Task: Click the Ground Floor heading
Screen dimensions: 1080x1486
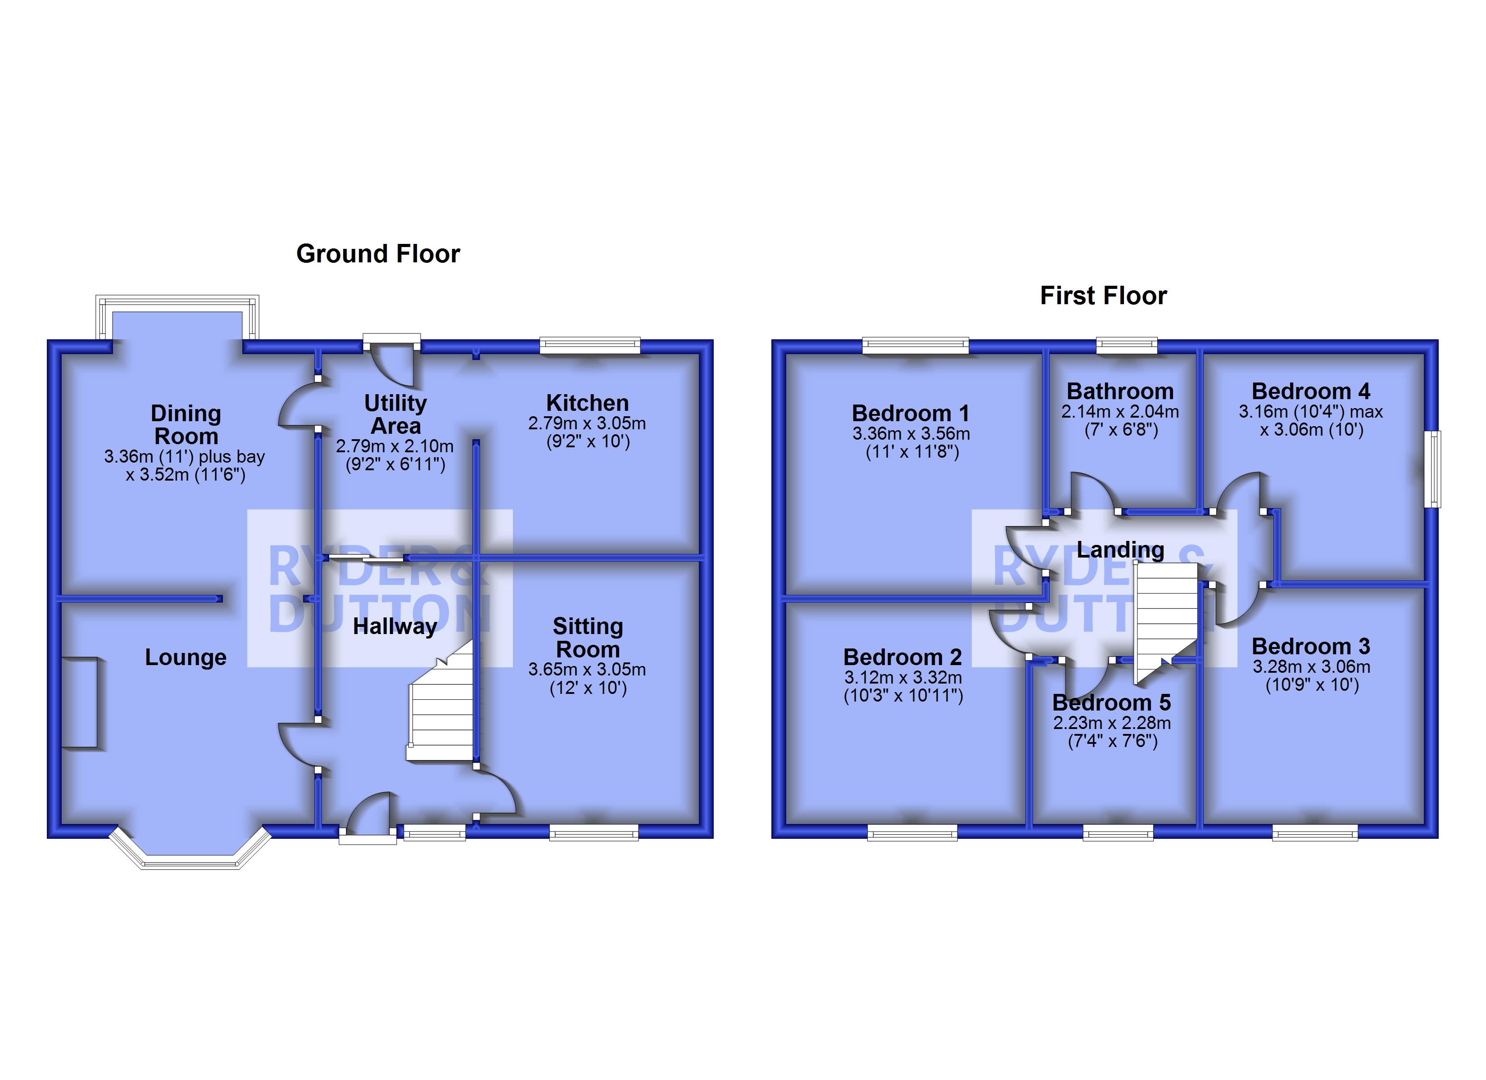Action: point(378,253)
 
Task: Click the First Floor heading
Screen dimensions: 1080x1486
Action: point(1103,295)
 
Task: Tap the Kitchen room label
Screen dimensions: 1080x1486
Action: point(587,402)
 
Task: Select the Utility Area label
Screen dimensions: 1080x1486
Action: point(395,414)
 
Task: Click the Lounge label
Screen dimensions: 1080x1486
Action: point(186,657)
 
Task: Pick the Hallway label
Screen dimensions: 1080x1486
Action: point(394,626)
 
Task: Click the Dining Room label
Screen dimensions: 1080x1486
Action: point(186,424)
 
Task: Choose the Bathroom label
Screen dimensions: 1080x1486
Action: point(1120,391)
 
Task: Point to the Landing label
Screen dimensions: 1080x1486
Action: point(1120,549)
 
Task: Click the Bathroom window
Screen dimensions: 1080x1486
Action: point(1127,345)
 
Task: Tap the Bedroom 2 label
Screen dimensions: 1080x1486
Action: point(902,657)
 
